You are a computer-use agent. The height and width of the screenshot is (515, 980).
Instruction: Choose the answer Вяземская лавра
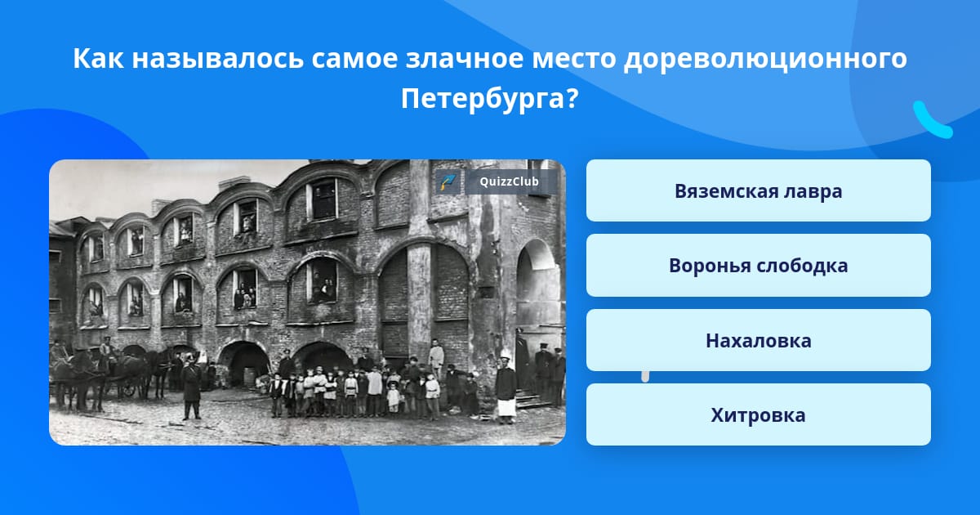[x=758, y=190]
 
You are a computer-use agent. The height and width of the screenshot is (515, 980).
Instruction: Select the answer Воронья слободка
[x=758, y=266]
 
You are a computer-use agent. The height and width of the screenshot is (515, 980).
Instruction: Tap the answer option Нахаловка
[x=758, y=340]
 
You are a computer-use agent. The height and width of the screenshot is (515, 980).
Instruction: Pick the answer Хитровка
[x=758, y=414]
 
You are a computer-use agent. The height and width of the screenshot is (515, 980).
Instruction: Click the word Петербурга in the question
[x=485, y=100]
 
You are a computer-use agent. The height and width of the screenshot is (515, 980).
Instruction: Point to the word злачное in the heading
[x=464, y=58]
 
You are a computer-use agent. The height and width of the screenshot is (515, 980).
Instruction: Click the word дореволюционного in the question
[x=765, y=59]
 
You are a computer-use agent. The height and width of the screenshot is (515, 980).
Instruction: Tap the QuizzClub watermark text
[x=509, y=181]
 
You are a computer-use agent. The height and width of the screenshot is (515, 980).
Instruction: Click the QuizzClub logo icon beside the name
[x=448, y=181]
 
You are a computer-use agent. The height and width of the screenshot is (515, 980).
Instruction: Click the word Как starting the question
[x=98, y=58]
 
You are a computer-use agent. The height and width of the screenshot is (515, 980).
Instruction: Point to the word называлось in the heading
[x=217, y=58]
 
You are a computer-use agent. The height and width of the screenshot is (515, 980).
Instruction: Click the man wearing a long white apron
[x=506, y=390]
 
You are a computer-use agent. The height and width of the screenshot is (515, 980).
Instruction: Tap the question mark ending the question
[x=573, y=98]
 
